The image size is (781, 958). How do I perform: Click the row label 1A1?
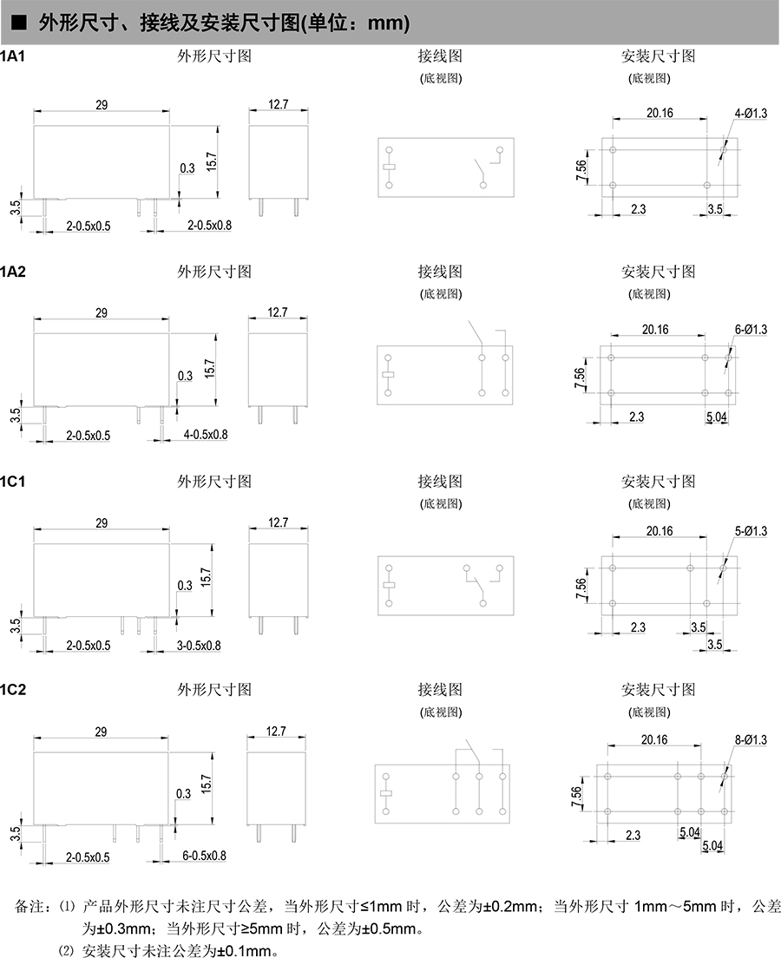pyautogui.click(x=13, y=56)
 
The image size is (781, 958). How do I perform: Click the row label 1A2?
pyautogui.click(x=13, y=272)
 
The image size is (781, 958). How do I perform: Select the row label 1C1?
pyautogui.click(x=13, y=481)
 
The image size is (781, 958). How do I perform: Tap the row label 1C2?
pyautogui.click(x=13, y=690)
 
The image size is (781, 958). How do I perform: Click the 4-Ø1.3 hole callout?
pyautogui.click(x=751, y=114)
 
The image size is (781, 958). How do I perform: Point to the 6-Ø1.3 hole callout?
pyautogui.click(x=751, y=330)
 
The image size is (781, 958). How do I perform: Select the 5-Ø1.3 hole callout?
pyautogui.click(x=751, y=531)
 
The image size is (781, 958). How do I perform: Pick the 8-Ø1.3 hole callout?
pyautogui.click(x=751, y=740)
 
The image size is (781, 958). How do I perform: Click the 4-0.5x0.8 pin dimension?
pyautogui.click(x=205, y=434)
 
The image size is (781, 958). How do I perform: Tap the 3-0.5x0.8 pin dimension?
pyautogui.click(x=199, y=645)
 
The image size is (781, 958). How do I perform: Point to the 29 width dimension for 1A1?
pyautogui.click(x=101, y=105)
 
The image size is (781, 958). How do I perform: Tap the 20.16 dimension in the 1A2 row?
pyautogui.click(x=655, y=329)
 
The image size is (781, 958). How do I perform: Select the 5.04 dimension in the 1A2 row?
pyautogui.click(x=717, y=417)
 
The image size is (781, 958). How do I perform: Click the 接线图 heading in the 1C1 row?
pyautogui.click(x=440, y=481)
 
